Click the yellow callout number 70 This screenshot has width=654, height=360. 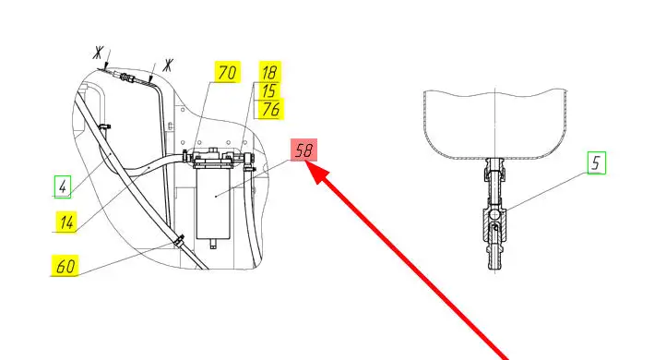227,72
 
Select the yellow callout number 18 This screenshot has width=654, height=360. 269,72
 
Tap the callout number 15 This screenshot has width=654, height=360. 269,90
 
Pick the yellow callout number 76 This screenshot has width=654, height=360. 270,109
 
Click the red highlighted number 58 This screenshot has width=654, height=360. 303,150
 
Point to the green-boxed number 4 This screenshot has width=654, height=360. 63,186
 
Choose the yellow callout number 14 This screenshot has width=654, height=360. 66,222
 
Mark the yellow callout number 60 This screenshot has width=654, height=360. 65,266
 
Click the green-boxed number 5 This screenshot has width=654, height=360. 597,162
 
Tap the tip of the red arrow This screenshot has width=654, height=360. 305,162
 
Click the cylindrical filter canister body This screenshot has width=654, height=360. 213,203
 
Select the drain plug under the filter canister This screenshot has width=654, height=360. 213,243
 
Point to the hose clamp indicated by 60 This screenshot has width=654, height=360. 180,240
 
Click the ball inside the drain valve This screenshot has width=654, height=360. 494,214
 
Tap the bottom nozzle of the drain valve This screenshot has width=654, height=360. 494,258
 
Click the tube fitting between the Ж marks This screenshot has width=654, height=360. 124,77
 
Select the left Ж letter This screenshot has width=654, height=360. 98,53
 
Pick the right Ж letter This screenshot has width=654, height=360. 168,66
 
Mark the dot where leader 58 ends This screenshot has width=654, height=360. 215,196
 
